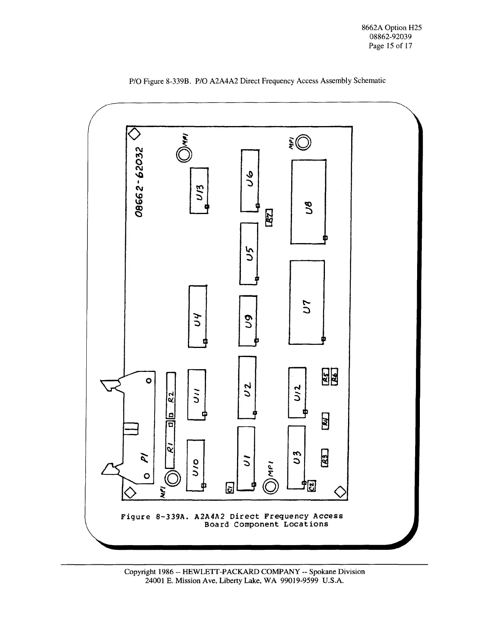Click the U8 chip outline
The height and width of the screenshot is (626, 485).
coord(308,202)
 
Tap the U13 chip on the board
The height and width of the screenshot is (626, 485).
coord(199,191)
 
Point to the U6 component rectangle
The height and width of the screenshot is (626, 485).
coord(250,180)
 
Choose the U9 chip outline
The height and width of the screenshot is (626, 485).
coord(248,320)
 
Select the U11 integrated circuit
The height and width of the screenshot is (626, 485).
coord(196,394)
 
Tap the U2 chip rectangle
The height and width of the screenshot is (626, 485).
coord(247,387)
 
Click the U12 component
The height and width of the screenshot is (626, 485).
coord(297,392)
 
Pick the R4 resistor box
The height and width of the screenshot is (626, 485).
coord(325,421)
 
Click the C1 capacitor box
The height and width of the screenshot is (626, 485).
coord(230,487)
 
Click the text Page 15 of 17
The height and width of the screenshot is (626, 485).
coord(390,46)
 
